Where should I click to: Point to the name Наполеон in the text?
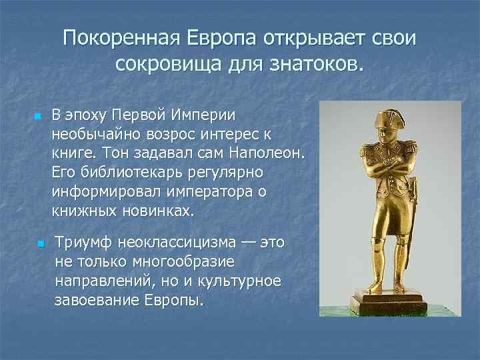pos(265,153)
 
